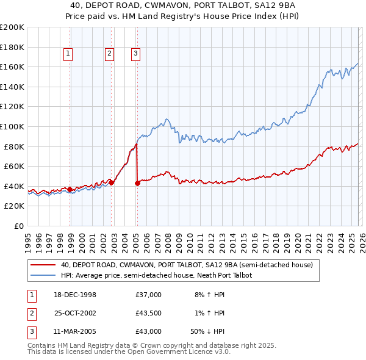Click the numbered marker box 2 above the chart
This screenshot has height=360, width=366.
109,54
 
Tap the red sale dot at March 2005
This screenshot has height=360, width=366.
137,183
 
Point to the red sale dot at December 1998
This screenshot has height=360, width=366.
70,189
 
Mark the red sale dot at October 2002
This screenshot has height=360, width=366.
112,182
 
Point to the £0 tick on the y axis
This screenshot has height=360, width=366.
20,226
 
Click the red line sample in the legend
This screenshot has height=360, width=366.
43,265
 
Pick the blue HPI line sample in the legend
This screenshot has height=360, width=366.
43,275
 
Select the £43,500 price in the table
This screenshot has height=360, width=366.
148,313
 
